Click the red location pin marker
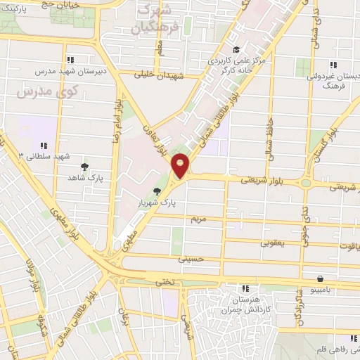[x=181, y=165]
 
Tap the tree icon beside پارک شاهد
[x=84, y=167]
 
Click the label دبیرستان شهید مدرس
[x=69, y=72]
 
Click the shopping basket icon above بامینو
[x=320, y=278]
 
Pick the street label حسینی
[x=191, y=259]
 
